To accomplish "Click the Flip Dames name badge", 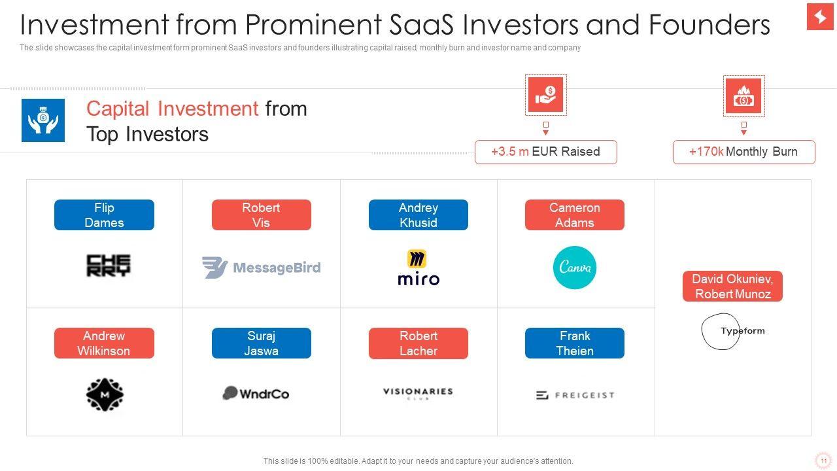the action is tap(104, 215).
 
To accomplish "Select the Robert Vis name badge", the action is tap(261, 215).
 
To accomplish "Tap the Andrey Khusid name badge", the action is tap(418, 215).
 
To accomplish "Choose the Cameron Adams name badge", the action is tap(574, 215).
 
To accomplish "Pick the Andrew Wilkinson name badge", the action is tap(104, 343).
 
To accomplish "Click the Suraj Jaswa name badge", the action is tap(261, 343).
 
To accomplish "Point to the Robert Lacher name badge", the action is tap(418, 343).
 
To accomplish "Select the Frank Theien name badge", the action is tap(574, 343).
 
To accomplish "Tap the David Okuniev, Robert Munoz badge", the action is tap(732, 287).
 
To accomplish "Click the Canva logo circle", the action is tap(575, 268).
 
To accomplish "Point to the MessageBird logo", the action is tap(261, 268).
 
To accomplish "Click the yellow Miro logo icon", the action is tap(417, 258).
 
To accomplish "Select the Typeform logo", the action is tap(733, 331).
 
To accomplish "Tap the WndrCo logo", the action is tap(256, 393).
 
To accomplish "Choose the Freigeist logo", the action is tap(575, 395).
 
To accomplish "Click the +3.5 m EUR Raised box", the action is tap(545, 152).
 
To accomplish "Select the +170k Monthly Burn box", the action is tap(743, 152).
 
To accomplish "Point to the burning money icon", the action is tap(743, 96).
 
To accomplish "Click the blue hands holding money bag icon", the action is tap(43, 120).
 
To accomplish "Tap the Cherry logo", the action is tap(109, 266).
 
